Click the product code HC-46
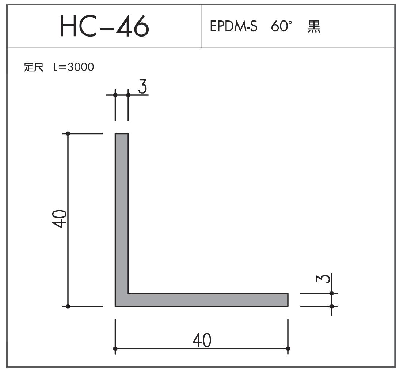(x=104, y=26)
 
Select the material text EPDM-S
(x=233, y=26)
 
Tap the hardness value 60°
(x=281, y=26)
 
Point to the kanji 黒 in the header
(x=314, y=27)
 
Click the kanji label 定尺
(x=34, y=67)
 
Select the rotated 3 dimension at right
(x=323, y=279)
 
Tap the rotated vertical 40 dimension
(x=60, y=219)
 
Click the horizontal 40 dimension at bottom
(x=202, y=340)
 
